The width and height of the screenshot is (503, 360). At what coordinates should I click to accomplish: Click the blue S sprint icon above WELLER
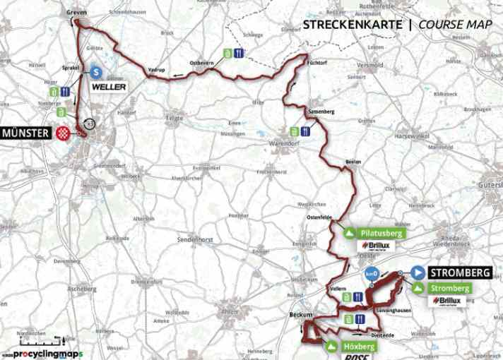coord(94,71)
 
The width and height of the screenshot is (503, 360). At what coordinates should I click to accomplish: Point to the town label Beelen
coord(353,162)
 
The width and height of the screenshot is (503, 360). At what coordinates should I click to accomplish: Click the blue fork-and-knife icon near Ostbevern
coord(240,52)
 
